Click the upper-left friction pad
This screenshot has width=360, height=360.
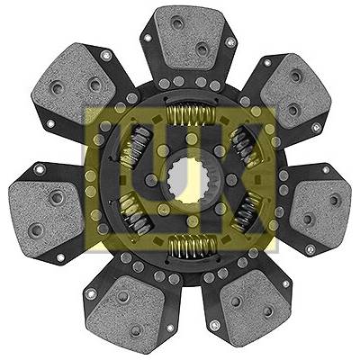pos(76,82)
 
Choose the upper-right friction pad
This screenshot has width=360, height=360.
pos(295,90)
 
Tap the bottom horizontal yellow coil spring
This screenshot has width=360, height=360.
pos(193,246)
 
